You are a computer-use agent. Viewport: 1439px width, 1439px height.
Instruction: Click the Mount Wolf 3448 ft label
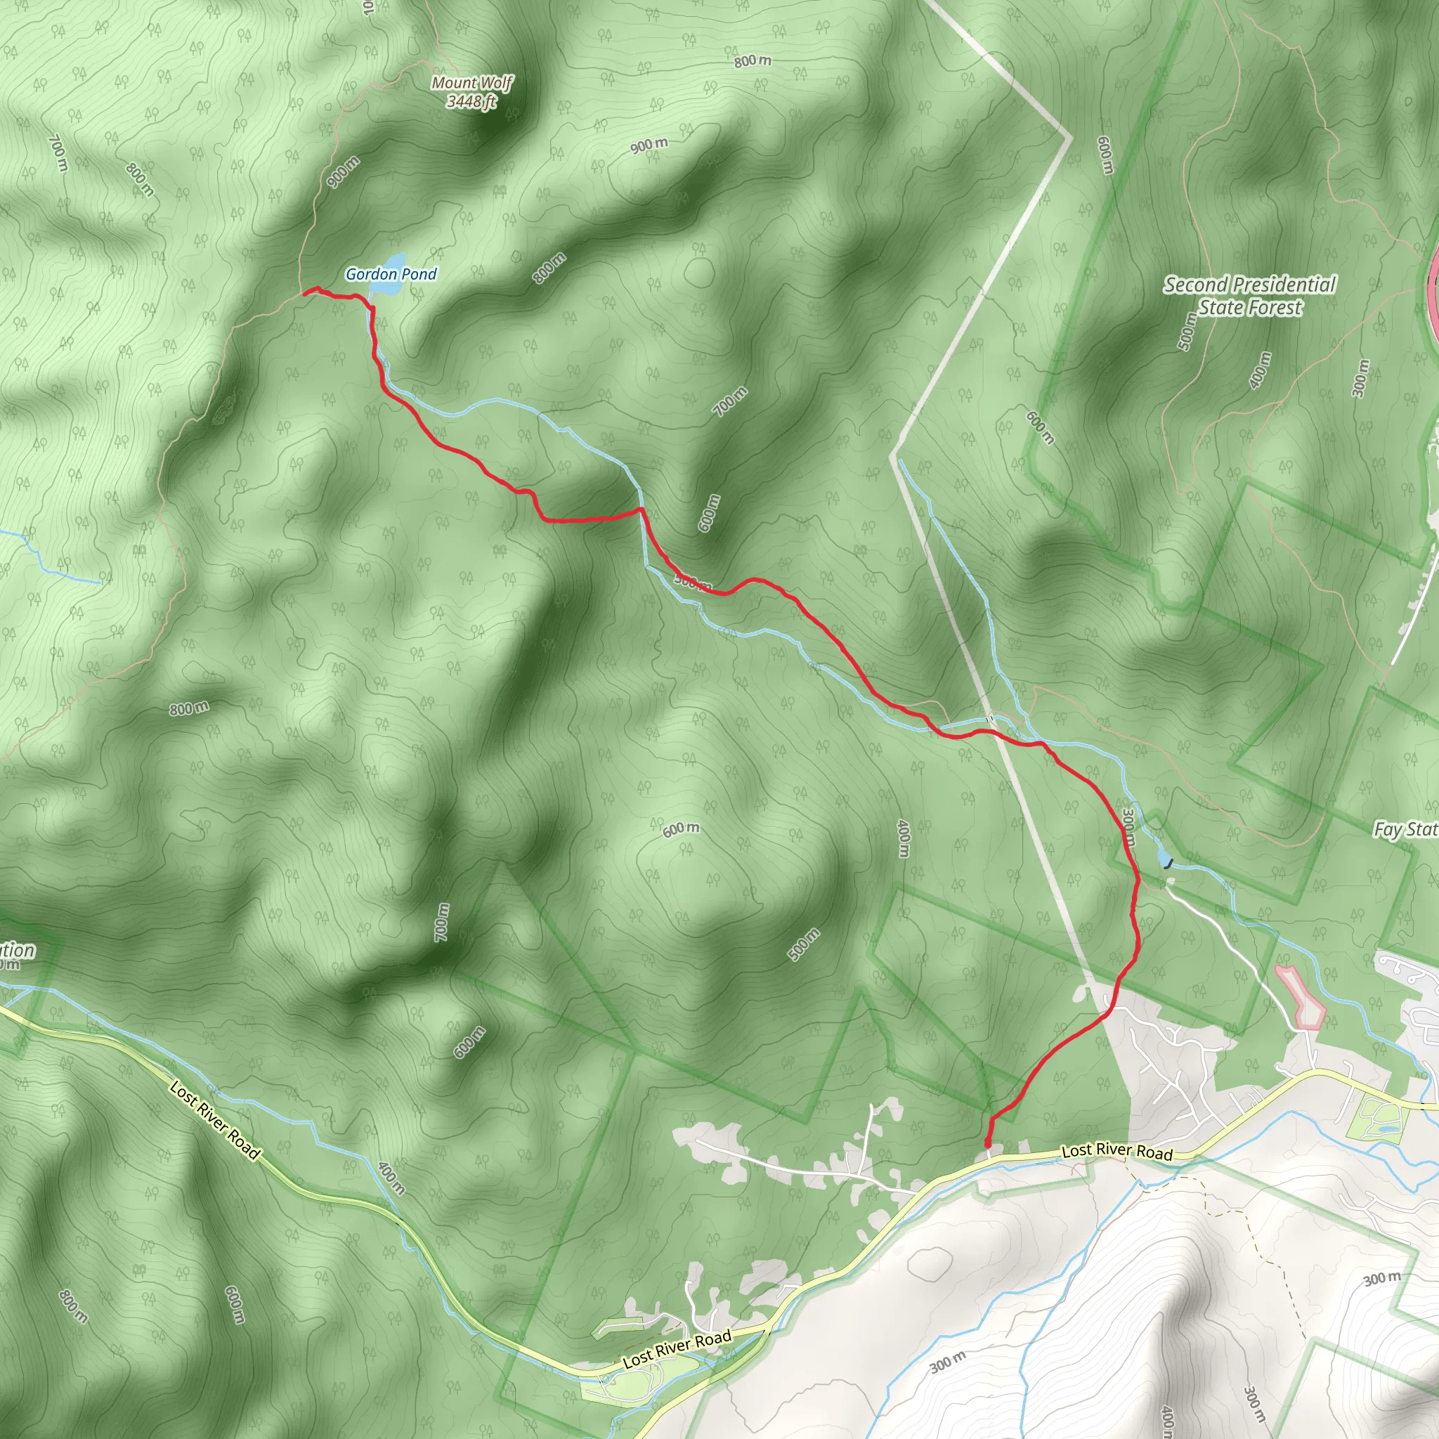471,91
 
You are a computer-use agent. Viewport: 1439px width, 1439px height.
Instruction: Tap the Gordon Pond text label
391,274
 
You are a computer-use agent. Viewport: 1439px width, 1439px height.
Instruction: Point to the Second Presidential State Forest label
1250,296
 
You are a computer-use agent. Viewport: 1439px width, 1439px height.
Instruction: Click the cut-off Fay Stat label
1405,829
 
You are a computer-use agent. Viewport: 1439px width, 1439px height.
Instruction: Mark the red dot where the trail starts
989,1142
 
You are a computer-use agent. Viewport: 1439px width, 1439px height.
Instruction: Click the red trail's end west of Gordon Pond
306,294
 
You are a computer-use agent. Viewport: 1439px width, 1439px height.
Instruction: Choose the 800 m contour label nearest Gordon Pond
549,268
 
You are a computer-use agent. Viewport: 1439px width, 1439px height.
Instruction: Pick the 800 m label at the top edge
753,61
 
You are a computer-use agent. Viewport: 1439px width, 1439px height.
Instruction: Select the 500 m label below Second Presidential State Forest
1187,332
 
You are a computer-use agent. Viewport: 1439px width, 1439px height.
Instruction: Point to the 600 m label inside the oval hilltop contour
682,828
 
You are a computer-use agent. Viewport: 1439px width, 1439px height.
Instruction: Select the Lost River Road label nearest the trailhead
1116,1152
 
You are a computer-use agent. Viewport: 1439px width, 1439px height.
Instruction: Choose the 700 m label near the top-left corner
58,152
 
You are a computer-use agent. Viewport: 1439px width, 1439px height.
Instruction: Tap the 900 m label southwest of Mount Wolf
343,172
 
